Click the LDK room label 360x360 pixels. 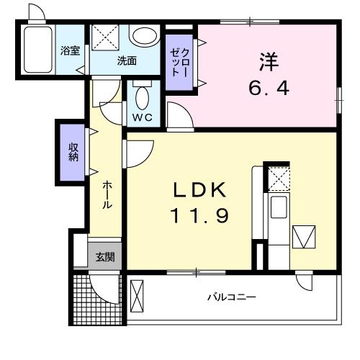pos(200,189)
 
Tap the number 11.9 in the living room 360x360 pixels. pos(200,215)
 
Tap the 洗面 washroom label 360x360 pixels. pos(127,61)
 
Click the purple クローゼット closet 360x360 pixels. pos(179,63)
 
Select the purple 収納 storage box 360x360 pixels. pos(73,153)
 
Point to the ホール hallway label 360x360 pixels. pos(106,194)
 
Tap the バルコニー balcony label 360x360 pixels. pos(232,297)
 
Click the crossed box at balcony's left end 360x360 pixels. pos(138,296)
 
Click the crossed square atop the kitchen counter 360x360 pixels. pos(277,178)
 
